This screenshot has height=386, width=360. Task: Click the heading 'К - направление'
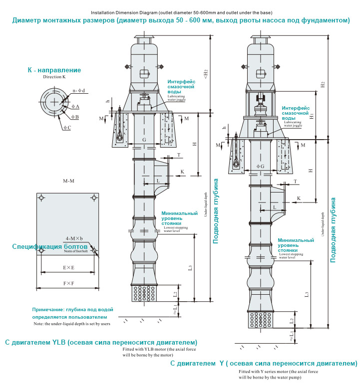54,70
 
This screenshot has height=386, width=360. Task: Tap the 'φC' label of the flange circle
67,128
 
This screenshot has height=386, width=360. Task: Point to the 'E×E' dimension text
68,268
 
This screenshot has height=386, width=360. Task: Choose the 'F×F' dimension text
68,284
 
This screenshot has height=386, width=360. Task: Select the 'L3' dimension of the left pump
190,268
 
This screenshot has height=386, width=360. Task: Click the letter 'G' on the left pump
144,140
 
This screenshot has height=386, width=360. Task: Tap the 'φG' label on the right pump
260,166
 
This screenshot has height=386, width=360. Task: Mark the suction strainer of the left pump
144,294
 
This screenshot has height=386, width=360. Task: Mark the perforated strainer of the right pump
260,319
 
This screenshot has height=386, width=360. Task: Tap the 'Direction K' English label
54,78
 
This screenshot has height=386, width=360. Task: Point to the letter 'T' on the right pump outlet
295,182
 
